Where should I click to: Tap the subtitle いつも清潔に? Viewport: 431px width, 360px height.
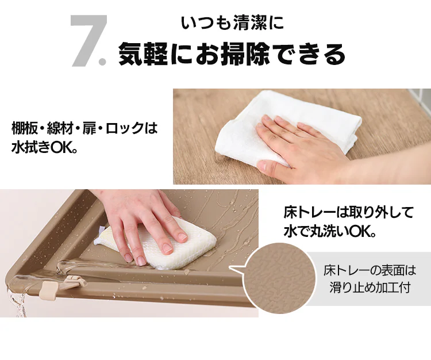pyautogui.click(x=232, y=23)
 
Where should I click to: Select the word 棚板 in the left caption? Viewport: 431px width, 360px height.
pyautogui.click(x=24, y=128)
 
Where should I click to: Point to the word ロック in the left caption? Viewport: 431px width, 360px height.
pyautogui.click(x=125, y=128)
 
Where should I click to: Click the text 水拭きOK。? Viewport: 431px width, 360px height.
pyautogui.click(x=44, y=147)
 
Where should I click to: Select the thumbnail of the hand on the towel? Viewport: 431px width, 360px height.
pyautogui.click(x=302, y=136)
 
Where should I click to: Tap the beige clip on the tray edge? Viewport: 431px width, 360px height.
pyautogui.click(x=49, y=290)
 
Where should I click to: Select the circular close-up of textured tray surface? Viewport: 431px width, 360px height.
pyautogui.click(x=279, y=278)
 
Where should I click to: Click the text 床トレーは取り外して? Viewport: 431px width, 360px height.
pyautogui.click(x=349, y=213)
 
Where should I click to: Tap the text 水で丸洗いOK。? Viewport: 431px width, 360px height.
pyautogui.click(x=330, y=231)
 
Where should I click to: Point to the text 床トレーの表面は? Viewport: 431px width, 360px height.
pyautogui.click(x=370, y=271)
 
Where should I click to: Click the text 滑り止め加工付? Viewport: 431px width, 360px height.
pyautogui.click(x=370, y=288)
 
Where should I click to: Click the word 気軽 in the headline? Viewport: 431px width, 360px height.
pyautogui.click(x=143, y=53)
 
